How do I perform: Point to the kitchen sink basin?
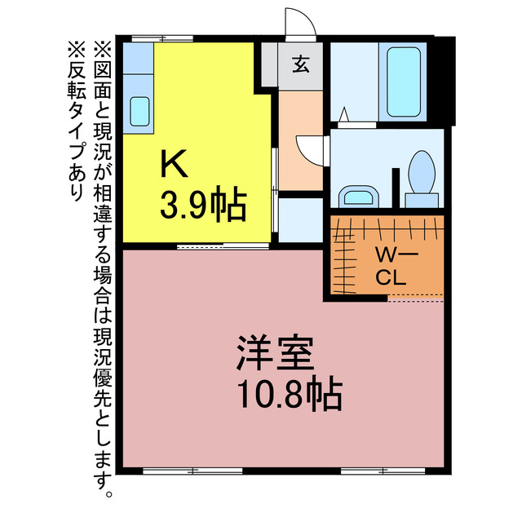139,109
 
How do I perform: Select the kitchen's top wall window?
162,38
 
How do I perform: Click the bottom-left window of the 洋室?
192,471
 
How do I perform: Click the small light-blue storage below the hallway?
301,219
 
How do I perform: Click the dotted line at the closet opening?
414,299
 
